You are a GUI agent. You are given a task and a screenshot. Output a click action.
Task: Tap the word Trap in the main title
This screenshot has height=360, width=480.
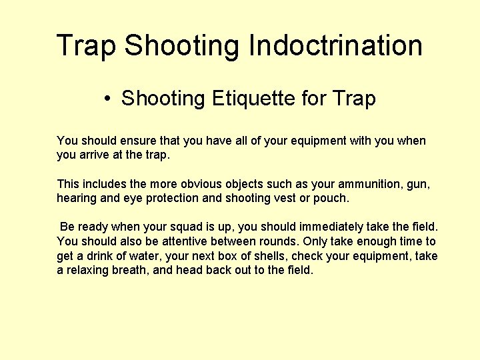click(87, 46)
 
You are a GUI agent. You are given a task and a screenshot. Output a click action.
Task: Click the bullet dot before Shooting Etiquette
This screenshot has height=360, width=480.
click(107, 99)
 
